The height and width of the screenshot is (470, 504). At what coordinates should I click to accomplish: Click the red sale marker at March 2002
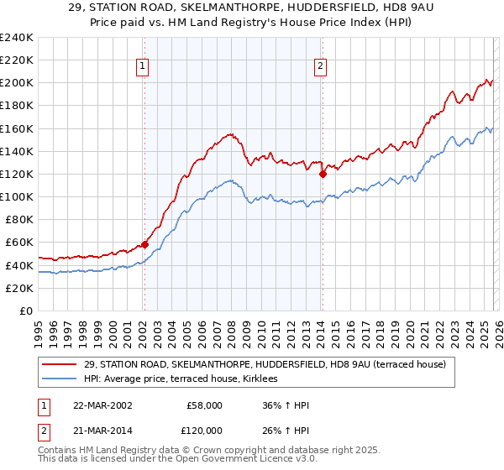144,244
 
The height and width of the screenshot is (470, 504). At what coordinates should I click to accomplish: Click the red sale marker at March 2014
323,175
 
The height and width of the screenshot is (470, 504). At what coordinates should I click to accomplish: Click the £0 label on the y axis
25,311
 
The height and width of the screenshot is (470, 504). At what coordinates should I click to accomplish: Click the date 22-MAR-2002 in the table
102,405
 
